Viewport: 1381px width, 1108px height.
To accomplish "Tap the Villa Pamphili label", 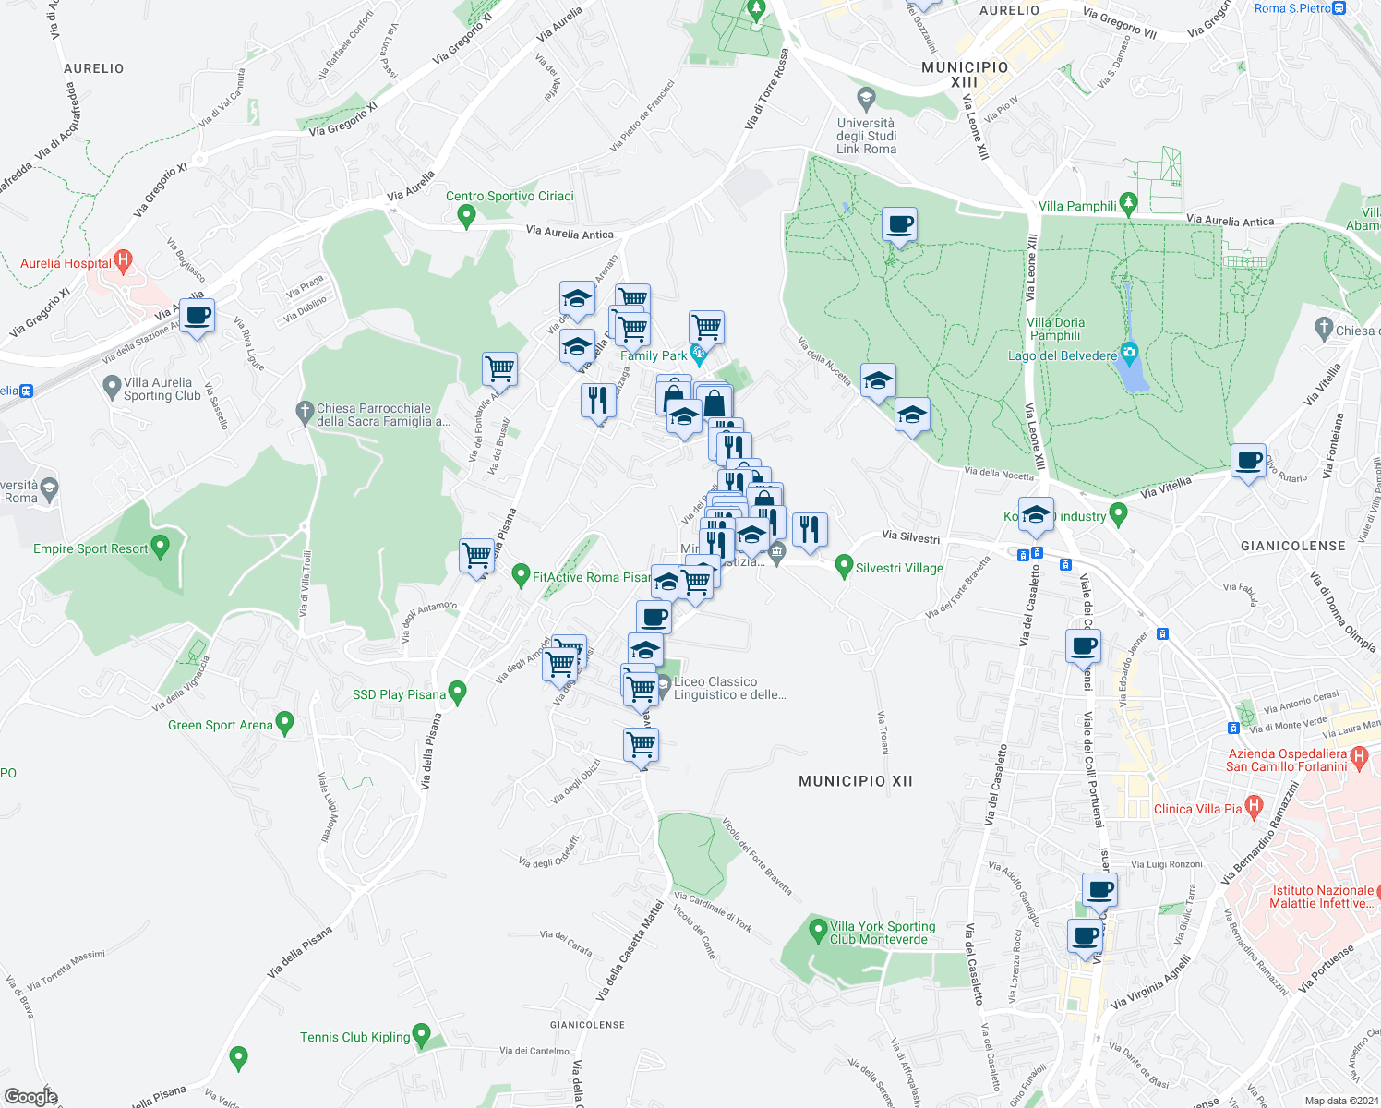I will (1077, 206).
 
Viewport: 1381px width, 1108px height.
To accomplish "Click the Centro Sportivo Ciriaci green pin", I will (466, 216).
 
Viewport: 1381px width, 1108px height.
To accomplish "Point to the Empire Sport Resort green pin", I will (160, 547).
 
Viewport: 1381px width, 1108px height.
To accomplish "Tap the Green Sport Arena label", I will (221, 725).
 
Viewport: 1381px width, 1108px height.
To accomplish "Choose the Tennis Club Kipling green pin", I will (421, 1035).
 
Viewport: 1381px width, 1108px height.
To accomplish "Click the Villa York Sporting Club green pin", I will (817, 931).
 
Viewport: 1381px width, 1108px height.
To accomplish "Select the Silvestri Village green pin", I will (843, 566).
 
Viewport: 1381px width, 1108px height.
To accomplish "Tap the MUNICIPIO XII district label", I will (855, 781).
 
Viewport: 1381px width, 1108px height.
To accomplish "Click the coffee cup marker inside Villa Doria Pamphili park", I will (899, 224).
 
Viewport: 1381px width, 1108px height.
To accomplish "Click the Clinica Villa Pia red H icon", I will (1253, 807).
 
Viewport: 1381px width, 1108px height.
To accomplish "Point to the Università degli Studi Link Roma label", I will (866, 136).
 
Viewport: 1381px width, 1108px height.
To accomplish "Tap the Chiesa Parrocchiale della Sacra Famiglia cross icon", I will (305, 412).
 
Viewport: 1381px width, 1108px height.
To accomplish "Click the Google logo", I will (30, 1097).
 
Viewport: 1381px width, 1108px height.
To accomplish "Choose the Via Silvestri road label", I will (910, 536).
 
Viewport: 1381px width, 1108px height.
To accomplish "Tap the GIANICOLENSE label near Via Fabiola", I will (1292, 546).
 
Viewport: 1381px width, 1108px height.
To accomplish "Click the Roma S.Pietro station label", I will (1292, 8).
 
